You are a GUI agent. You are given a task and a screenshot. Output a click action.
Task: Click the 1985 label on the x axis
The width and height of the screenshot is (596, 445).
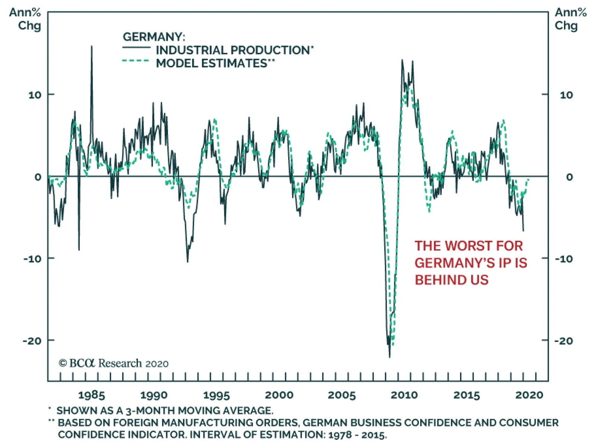coord(91,395)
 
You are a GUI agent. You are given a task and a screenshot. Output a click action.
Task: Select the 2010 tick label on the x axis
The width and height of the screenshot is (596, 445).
coord(404,395)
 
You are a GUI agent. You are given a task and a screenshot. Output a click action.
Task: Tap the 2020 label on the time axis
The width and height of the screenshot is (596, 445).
coord(529,395)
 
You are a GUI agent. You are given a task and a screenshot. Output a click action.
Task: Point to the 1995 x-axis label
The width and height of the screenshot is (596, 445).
coord(216,395)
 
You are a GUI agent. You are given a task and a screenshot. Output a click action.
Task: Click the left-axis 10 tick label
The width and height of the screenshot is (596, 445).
coord(35,95)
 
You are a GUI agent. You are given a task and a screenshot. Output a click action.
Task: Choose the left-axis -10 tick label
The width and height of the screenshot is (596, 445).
coord(33,259)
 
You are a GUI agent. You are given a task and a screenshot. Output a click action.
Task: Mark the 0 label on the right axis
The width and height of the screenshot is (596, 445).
coord(569,177)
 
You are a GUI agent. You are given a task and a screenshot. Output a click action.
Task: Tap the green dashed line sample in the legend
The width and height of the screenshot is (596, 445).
coord(136,61)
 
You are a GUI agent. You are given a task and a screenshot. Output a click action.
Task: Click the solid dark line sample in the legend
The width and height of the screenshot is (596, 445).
coord(136,47)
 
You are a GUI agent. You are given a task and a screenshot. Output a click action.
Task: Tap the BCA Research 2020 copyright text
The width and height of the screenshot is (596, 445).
coord(114,363)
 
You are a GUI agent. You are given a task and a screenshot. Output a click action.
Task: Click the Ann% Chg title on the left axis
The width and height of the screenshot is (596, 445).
coord(25,19)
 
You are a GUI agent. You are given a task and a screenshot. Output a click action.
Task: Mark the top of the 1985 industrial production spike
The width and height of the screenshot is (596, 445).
coord(92,47)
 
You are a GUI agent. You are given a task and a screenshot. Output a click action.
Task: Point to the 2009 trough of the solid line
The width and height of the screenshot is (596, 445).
coord(390,356)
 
